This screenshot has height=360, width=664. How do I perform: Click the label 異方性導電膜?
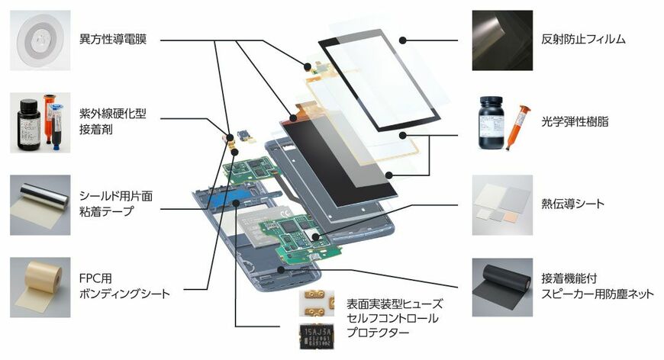point(113,40)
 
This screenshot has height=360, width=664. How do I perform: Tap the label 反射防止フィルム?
point(583,39)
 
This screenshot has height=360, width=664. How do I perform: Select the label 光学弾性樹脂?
point(575,122)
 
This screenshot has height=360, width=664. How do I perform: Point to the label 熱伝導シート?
point(572,204)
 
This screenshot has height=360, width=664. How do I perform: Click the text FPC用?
point(95,278)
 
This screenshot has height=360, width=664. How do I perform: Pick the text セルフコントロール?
point(392,318)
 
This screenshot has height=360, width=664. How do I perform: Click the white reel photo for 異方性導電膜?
point(40,40)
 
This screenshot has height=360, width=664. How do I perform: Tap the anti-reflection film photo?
point(502,40)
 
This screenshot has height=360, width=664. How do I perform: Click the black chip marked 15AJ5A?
point(317,336)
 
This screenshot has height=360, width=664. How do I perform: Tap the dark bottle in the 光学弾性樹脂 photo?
point(491,123)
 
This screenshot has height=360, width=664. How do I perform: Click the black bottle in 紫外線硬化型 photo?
point(29,124)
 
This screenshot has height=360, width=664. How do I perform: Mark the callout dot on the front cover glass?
point(403,40)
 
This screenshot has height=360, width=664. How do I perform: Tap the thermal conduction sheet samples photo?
point(502,204)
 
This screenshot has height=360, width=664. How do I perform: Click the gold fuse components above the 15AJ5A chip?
point(317,304)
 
